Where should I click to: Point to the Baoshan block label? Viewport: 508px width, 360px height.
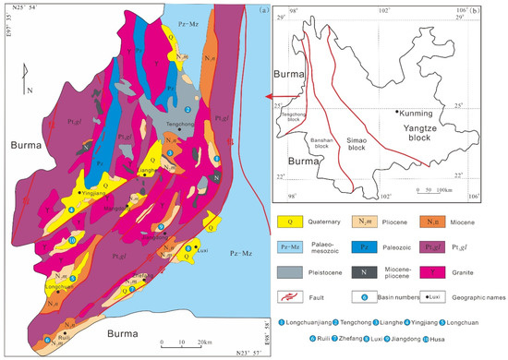[322, 144]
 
